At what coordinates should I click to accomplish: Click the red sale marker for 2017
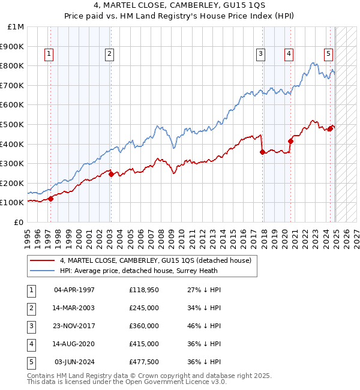click(262, 152)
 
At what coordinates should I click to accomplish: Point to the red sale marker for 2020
click(290, 141)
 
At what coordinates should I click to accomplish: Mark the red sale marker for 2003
click(111, 174)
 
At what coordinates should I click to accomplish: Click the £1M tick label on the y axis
click(16, 27)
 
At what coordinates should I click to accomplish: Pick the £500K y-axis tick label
click(13, 124)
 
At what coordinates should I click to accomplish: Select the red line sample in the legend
click(43, 260)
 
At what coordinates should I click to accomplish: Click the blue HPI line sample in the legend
click(43, 271)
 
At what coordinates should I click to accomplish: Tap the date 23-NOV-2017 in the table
click(74, 326)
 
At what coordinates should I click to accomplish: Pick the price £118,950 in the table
click(143, 290)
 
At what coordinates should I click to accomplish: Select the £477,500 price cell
click(143, 362)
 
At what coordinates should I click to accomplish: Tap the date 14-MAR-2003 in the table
click(74, 308)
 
